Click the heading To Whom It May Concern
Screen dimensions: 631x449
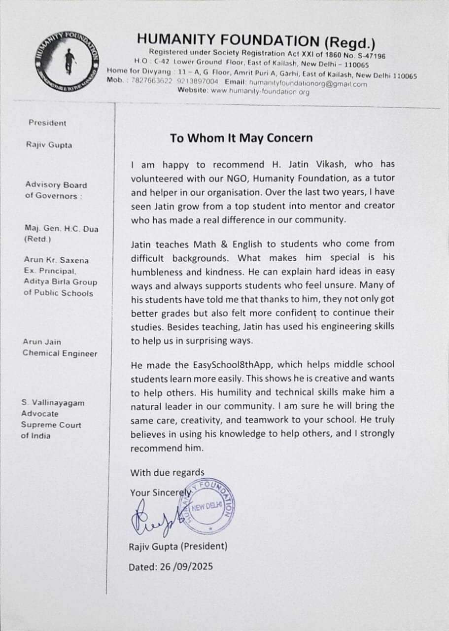click(x=241, y=138)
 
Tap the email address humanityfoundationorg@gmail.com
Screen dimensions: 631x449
click(x=308, y=84)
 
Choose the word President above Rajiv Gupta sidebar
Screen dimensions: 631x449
click(x=47, y=123)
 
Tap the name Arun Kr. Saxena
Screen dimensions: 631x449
click(x=56, y=260)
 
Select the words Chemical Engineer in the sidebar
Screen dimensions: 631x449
click(x=60, y=353)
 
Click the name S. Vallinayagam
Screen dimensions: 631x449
click(x=52, y=403)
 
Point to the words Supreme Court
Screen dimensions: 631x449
click(x=51, y=425)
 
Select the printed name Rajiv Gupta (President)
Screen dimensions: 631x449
click(x=178, y=546)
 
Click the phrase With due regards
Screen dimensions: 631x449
click(x=167, y=473)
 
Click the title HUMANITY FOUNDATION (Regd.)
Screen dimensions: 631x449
click(x=256, y=40)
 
